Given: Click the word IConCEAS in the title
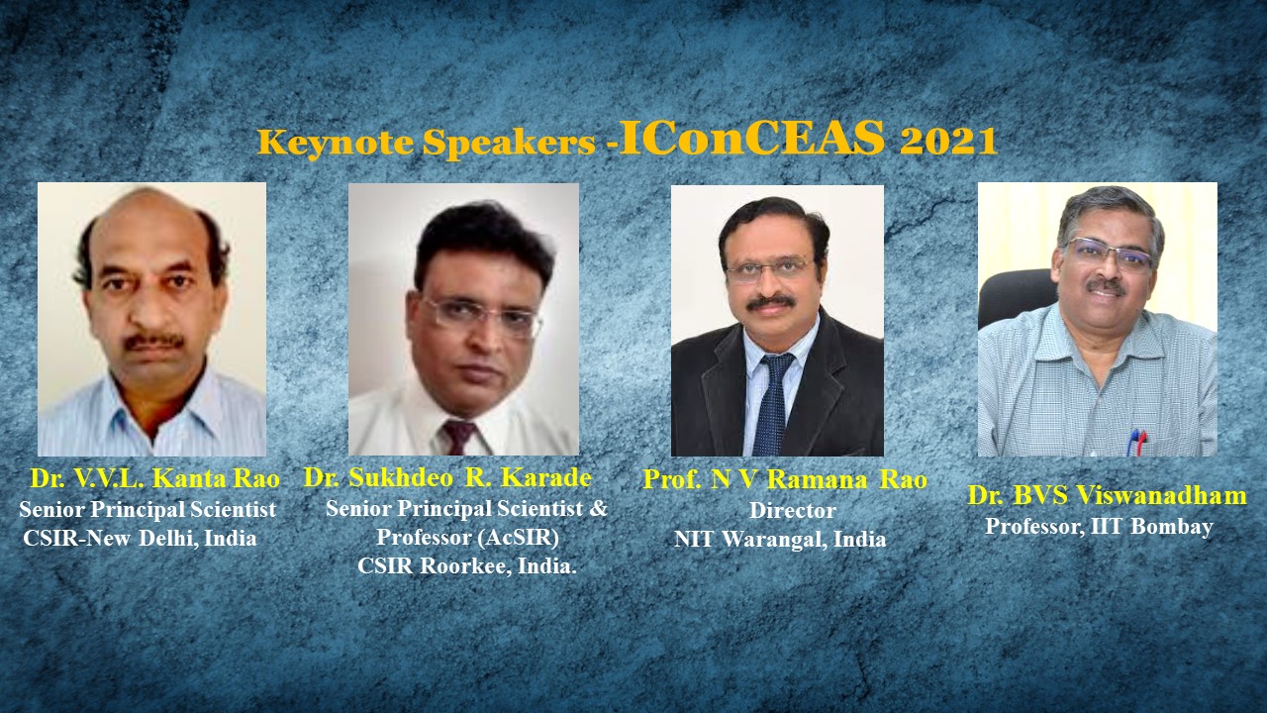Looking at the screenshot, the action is pyautogui.click(x=752, y=137).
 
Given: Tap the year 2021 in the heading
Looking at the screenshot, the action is pyautogui.click(x=948, y=141).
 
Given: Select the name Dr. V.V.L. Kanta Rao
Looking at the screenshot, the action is pyautogui.click(x=155, y=478).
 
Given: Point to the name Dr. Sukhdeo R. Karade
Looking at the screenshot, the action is pyautogui.click(x=447, y=477).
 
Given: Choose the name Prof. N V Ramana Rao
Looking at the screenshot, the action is pyautogui.click(x=785, y=480).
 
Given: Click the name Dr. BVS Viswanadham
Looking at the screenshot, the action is pyautogui.click(x=1107, y=495).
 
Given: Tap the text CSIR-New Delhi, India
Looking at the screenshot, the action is pyautogui.click(x=140, y=538).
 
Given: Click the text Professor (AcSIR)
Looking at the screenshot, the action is pyautogui.click(x=468, y=537).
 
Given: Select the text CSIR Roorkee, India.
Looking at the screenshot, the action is pyautogui.click(x=467, y=565).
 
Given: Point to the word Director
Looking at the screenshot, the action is pyautogui.click(x=793, y=510).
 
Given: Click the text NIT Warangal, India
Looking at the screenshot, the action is pyautogui.click(x=780, y=540).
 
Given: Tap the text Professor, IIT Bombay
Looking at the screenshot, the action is pyautogui.click(x=1099, y=526).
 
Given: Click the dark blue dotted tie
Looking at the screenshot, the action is pyautogui.click(x=772, y=403).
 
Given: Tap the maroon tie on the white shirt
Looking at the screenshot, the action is pyautogui.click(x=458, y=437).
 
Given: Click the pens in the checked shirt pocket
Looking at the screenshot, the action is pyautogui.click(x=1137, y=442).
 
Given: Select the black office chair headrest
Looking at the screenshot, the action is pyautogui.click(x=1017, y=296).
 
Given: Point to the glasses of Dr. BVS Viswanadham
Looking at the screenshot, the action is pyautogui.click(x=1108, y=255).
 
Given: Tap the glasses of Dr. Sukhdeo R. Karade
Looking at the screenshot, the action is pyautogui.click(x=481, y=316).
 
